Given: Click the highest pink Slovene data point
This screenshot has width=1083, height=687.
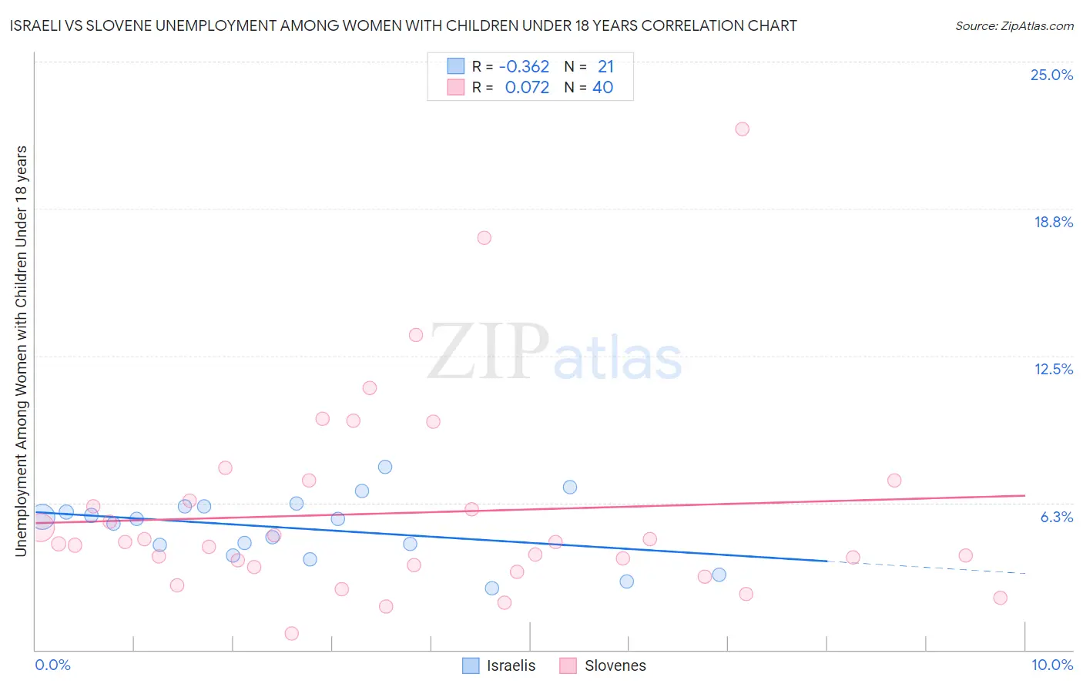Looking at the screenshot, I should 742,129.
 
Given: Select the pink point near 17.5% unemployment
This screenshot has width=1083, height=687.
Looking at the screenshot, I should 484,237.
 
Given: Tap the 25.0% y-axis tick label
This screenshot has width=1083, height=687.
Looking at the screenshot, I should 1051,75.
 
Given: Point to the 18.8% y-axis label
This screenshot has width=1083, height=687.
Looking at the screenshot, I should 1053,222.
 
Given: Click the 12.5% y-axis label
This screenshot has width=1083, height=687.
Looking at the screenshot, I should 1053,369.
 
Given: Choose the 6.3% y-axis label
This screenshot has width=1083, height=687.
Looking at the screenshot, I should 1056,517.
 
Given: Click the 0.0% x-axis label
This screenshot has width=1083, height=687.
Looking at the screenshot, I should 52,665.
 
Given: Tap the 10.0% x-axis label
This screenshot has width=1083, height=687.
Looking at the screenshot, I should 1051,665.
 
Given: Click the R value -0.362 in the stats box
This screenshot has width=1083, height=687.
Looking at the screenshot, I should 524,67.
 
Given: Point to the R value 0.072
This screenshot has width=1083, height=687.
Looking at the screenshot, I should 527,88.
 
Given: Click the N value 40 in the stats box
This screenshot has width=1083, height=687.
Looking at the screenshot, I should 602,88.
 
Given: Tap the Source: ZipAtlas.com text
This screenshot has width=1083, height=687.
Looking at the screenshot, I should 1014,26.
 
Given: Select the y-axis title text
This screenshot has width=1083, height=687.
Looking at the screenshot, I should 21,350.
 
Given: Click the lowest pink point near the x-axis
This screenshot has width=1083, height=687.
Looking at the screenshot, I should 291,633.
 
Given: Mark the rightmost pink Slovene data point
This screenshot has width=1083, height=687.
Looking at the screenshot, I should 1000,598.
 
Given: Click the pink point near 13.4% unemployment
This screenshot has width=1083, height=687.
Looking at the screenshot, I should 416,334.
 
